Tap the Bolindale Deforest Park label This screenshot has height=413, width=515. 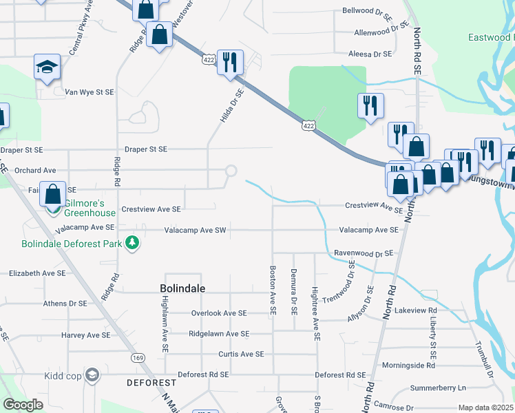71,244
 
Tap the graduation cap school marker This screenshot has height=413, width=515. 47,67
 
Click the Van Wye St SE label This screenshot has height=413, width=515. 89,92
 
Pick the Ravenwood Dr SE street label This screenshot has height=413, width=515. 363,253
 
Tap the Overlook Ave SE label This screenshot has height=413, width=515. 218,313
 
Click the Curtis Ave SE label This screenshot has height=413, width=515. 241,354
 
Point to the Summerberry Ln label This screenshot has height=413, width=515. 437,388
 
